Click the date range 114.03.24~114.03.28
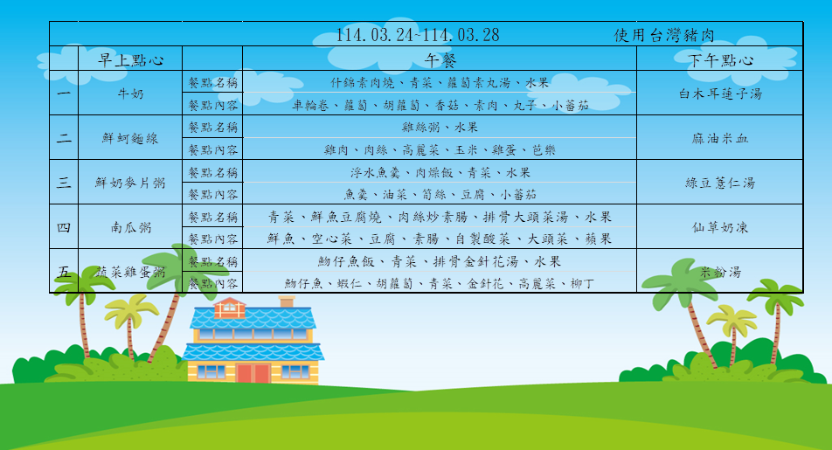[x=418, y=35]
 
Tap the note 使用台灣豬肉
[x=664, y=36]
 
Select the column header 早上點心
[x=130, y=60]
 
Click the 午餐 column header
[x=440, y=60]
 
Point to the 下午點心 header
[x=720, y=60]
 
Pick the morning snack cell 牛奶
[x=130, y=93]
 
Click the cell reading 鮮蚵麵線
[x=130, y=139]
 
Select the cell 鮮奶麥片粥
[x=130, y=183]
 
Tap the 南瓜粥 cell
[x=130, y=228]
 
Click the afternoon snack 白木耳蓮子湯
[x=720, y=93]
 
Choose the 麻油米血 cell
[x=720, y=139]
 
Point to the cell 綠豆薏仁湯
[x=720, y=183]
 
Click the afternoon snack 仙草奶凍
[x=720, y=228]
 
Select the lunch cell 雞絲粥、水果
[x=440, y=128]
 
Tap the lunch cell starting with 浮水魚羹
[x=440, y=172]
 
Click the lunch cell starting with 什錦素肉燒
[x=440, y=83]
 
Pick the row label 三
[x=64, y=183]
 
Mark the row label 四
[x=64, y=227]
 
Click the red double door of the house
[x=253, y=373]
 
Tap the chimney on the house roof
[x=287, y=301]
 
